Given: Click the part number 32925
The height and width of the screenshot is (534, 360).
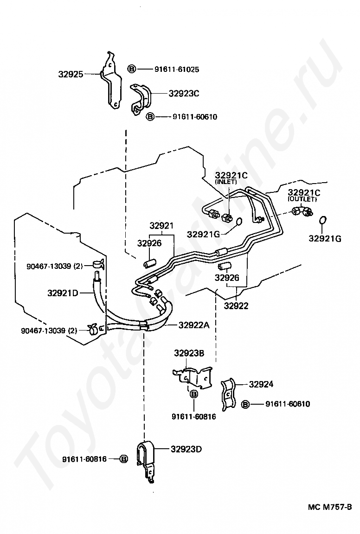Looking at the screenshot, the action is pos(71,74).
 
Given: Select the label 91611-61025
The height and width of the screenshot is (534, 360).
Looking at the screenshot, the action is pos(177,70).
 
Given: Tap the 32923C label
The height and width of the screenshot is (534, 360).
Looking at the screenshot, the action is pos(184,93).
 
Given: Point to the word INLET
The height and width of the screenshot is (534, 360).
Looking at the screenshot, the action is pos(225,182).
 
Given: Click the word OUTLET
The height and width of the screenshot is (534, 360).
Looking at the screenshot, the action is pos(302,199).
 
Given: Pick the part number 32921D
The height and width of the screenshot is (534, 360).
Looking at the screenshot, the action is pos(63,293).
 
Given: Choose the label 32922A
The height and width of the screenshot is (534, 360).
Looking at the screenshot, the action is pos(194,325).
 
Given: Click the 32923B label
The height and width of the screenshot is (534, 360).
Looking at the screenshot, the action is pos(189,353).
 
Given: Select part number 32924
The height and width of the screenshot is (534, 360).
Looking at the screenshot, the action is pos(261,384).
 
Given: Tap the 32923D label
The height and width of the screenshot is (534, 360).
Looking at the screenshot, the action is pos(186,449).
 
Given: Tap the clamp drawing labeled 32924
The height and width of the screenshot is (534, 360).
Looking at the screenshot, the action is pos(227,394).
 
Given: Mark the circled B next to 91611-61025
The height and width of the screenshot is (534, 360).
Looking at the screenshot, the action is pos(132,70).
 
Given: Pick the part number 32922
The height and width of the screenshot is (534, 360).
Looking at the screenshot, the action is pos(236,305).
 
